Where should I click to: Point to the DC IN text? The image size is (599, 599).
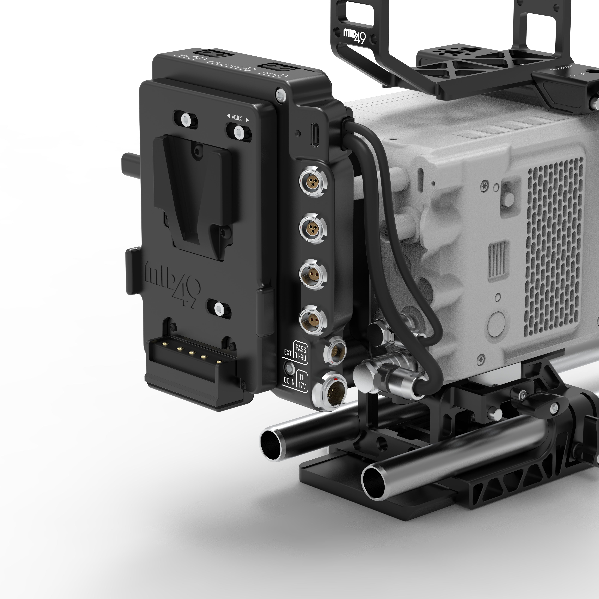point(289,381)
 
